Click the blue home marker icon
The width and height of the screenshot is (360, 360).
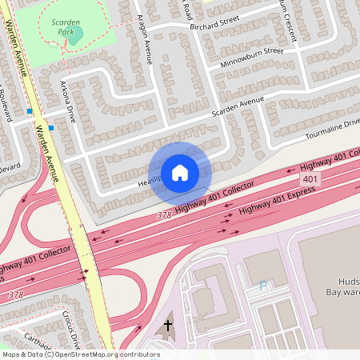click(180, 172)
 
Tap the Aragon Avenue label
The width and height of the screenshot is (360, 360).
click(145, 38)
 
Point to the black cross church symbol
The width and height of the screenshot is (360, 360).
click(168, 326)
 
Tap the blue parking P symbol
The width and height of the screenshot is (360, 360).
click(263, 285)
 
